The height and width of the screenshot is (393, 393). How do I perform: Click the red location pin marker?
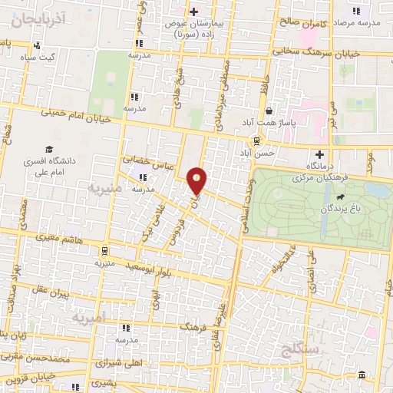[197, 180]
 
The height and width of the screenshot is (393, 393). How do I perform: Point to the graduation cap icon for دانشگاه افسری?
[49, 150]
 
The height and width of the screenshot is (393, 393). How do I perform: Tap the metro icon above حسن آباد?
[256, 140]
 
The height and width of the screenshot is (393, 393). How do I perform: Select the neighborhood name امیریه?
[90, 316]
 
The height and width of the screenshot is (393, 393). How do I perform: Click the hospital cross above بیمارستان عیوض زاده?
[194, 12]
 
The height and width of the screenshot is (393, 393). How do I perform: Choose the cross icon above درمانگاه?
[319, 154]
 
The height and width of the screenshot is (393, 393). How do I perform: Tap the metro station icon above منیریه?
[103, 250]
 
